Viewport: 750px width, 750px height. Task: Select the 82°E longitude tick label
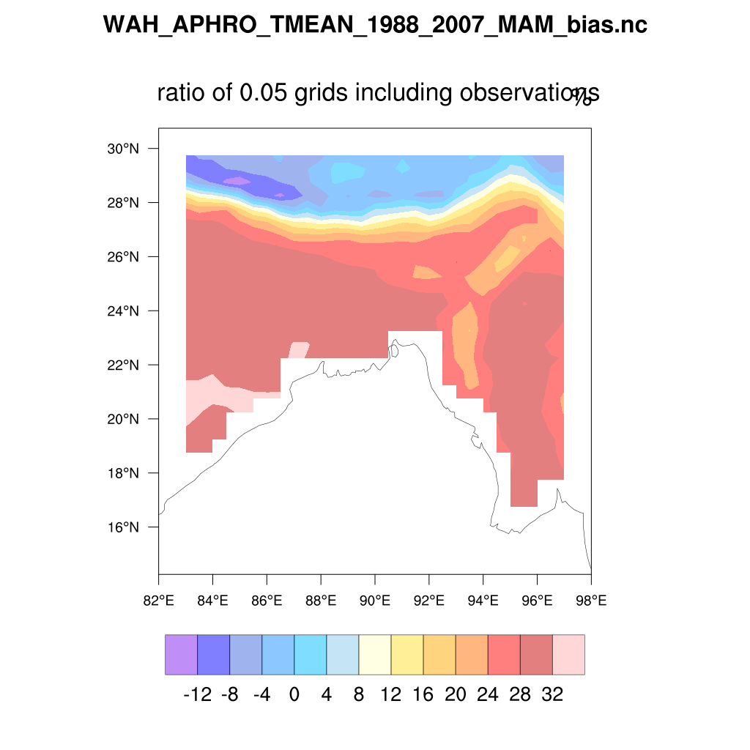click(x=158, y=601)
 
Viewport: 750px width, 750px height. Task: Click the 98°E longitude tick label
click(x=591, y=601)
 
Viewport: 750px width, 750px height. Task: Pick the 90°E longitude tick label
click(x=375, y=601)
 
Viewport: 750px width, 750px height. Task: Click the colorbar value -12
click(x=197, y=694)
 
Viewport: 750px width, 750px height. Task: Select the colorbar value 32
click(x=552, y=694)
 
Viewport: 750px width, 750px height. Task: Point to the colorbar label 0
click(x=294, y=694)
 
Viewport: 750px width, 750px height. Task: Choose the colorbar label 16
click(x=423, y=694)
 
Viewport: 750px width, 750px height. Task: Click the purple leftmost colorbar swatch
click(x=181, y=654)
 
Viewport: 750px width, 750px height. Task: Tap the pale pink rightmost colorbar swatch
click(x=568, y=654)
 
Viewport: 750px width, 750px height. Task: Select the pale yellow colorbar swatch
click(x=374, y=654)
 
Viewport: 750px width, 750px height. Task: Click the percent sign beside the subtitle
click(x=582, y=97)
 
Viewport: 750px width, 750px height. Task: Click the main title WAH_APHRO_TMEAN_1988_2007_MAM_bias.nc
click(x=375, y=25)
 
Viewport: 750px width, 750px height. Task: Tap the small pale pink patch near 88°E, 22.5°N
click(x=299, y=349)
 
